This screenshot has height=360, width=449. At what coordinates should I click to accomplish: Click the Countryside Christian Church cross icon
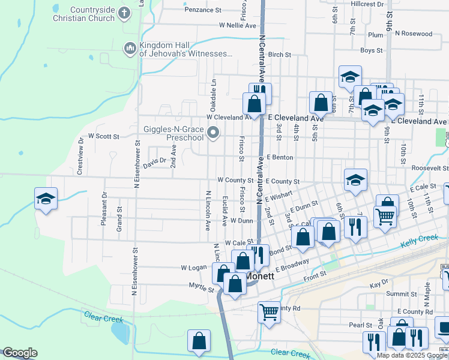(124, 13)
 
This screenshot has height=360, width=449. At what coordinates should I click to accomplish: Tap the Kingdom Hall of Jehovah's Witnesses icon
(130, 48)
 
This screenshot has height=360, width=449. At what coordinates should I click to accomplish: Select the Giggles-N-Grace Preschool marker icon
(212, 132)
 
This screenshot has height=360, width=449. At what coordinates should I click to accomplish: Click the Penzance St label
(203, 10)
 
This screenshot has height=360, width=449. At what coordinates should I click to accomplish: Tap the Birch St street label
(280, 55)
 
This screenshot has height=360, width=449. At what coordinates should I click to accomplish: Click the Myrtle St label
(201, 289)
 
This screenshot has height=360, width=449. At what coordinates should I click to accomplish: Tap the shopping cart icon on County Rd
(269, 311)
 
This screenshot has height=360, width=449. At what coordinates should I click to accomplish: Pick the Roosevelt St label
(429, 169)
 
